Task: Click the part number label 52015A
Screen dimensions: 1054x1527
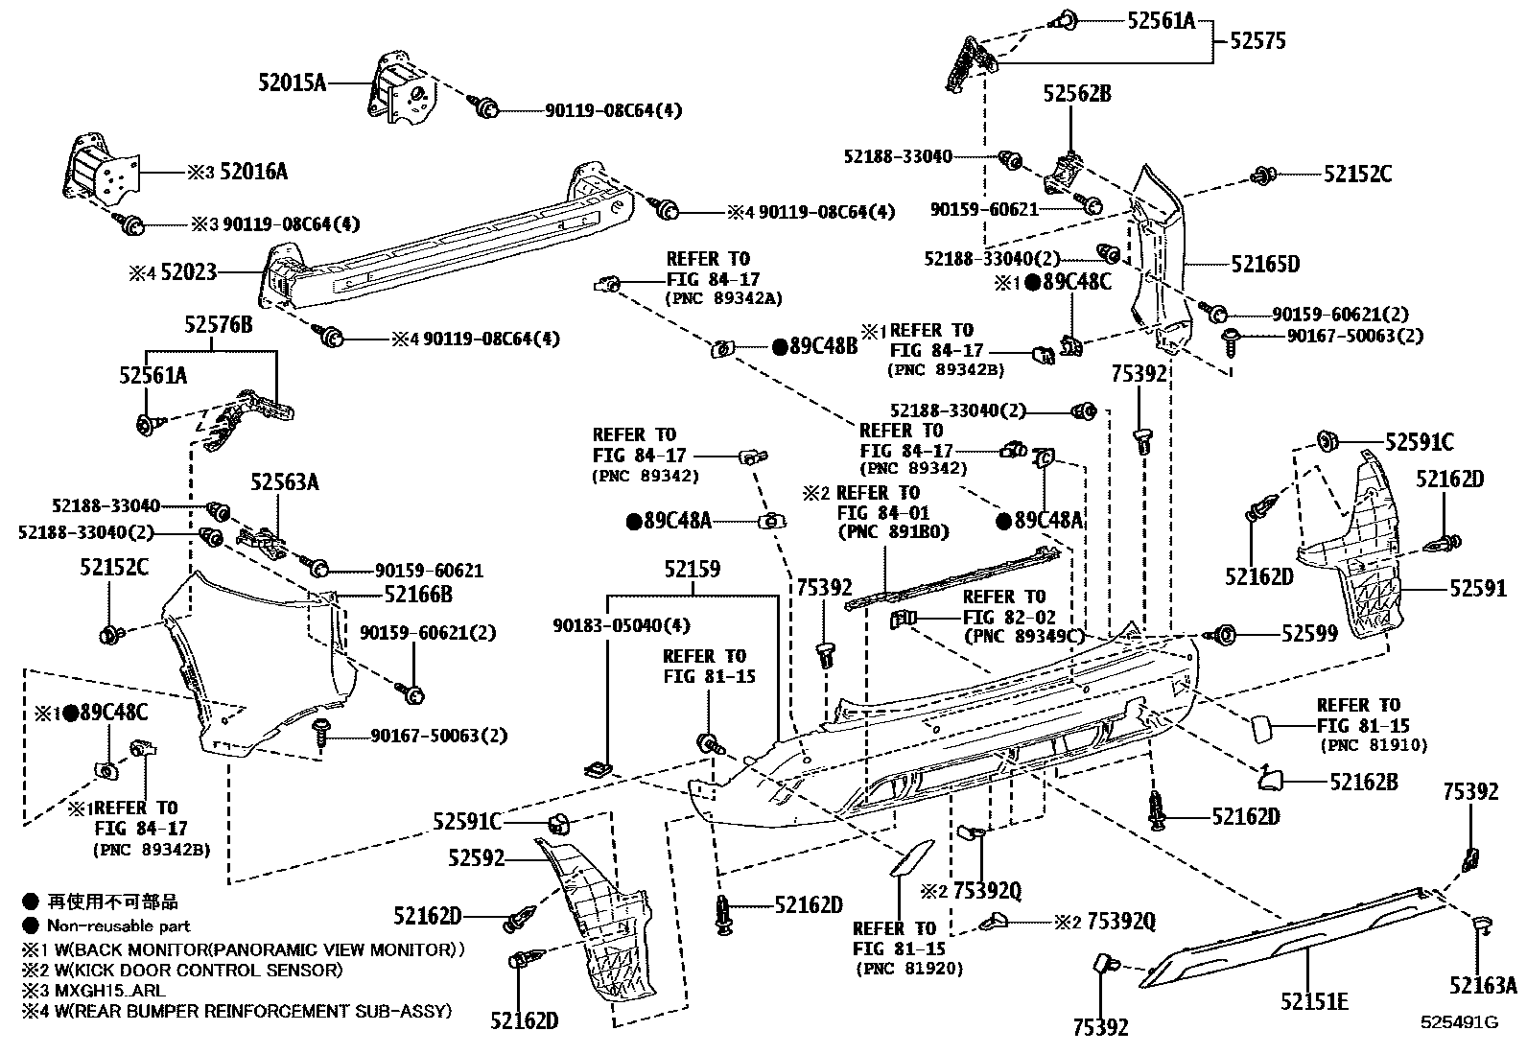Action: [292, 83]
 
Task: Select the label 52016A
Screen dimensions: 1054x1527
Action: [253, 173]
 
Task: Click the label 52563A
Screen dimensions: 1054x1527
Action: [285, 482]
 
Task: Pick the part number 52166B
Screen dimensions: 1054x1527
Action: [418, 595]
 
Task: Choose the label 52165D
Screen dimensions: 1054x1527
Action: [1265, 264]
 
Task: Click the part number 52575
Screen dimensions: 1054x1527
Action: [1257, 41]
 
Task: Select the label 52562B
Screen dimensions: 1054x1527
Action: [1077, 94]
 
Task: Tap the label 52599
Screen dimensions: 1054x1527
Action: [1309, 634]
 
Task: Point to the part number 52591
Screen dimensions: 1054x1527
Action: [1478, 589]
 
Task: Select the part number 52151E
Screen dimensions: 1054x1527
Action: [1314, 1002]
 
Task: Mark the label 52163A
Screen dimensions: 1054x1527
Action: [1483, 986]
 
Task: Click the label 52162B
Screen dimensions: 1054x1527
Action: [1363, 782]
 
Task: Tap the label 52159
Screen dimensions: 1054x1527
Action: [692, 570]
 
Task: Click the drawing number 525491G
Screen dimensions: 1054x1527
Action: [1459, 1022]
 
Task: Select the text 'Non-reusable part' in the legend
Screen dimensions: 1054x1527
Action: [120, 926]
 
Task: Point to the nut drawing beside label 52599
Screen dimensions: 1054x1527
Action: [1223, 635]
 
